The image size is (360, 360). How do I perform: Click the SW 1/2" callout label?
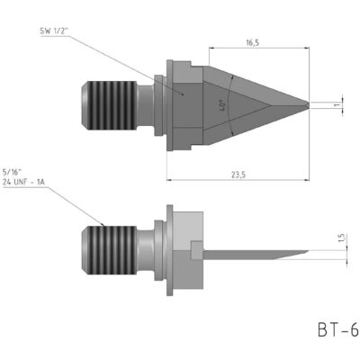pyautogui.click(x=55, y=31)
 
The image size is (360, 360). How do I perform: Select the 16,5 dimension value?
pyautogui.click(x=253, y=42)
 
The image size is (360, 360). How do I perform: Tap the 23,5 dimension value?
pyautogui.click(x=238, y=175)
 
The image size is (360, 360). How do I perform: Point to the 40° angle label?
pyautogui.click(x=222, y=106)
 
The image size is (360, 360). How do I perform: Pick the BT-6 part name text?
pyautogui.click(x=338, y=330)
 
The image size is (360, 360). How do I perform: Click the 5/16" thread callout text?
pyautogui.click(x=13, y=172)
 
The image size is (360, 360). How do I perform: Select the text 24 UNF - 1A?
pyautogui.click(x=23, y=182)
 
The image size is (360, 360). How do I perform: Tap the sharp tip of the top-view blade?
pyautogui.click(x=309, y=104)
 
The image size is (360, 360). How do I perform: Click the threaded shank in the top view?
pyautogui.click(x=109, y=105)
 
